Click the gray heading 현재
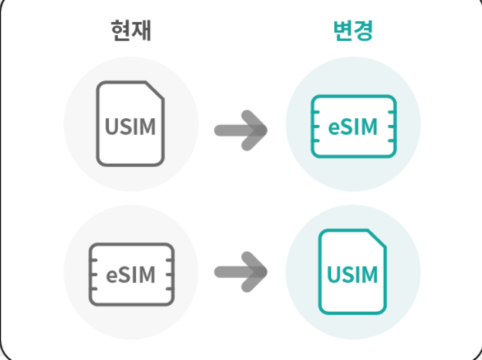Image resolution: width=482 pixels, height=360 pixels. tap(130, 30)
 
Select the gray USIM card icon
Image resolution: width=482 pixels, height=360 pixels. tap(130, 124)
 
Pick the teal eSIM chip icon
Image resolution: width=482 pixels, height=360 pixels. tap(353, 126)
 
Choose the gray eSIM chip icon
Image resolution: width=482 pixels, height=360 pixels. tap(131, 274)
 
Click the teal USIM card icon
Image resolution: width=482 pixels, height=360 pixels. tap(353, 272)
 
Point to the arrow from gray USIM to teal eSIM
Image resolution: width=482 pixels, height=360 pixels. tap(241, 129)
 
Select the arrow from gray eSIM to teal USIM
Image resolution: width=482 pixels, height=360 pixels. tap(241, 272)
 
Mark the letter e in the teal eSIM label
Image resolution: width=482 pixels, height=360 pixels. tap(334, 128)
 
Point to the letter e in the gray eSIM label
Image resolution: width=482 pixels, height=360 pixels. tap(112, 275)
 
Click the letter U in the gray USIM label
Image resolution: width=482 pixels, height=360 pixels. tap(112, 126)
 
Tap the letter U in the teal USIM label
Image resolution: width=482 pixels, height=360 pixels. tap(334, 275)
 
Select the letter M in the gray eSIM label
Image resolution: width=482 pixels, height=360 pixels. tap(145, 275)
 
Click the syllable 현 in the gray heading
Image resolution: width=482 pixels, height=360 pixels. tap(120, 30)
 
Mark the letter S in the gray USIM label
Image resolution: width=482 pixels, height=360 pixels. tap(126, 126)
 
